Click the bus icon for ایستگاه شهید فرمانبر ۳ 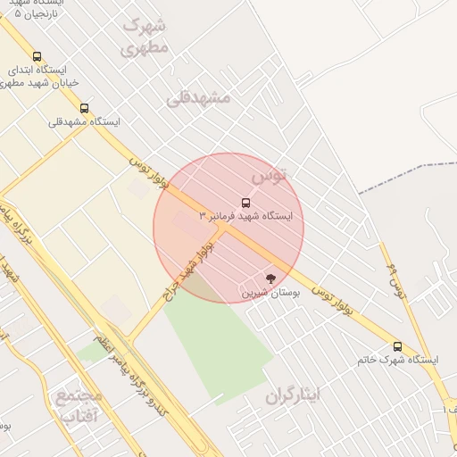click(246, 202)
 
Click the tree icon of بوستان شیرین click(271, 278)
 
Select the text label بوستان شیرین click(270, 292)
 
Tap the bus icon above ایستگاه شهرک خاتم click(397, 346)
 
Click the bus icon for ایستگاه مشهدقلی click(85, 108)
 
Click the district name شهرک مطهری click(144, 36)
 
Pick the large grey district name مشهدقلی click(197, 97)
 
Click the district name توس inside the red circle click(270, 176)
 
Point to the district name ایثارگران click(293, 395)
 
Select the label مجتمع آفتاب click(79, 404)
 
